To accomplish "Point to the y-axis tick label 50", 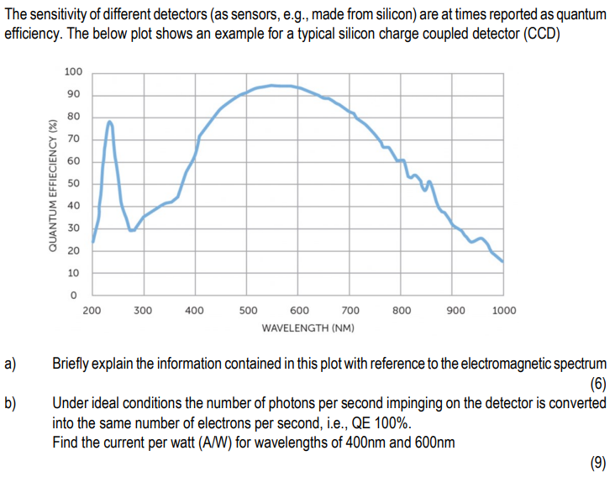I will [73, 183].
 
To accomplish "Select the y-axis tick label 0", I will [73, 295].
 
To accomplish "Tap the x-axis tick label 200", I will [92, 311].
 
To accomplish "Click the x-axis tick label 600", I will [298, 311].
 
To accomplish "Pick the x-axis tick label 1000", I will [504, 311].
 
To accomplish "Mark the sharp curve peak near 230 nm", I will [109, 122].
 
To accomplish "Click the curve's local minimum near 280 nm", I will [131, 230].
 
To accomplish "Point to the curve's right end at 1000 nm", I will [502, 261].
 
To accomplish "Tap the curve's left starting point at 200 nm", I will [93, 241].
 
